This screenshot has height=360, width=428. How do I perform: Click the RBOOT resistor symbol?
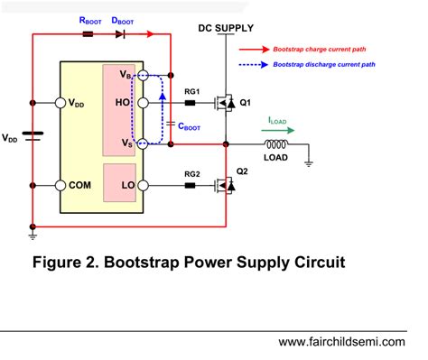[x=88, y=34]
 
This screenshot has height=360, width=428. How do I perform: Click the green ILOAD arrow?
[x=275, y=128]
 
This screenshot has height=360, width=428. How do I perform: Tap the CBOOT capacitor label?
[x=191, y=127]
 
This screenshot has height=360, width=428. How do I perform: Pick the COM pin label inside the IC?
[x=80, y=185]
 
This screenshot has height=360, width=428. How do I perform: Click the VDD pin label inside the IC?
[x=80, y=104]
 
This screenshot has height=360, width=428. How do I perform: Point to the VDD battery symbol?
[x=33, y=137]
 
